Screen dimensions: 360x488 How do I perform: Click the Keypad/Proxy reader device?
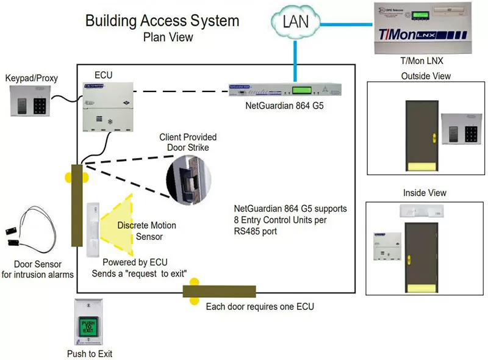30,101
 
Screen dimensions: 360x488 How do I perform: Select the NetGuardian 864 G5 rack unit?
285,90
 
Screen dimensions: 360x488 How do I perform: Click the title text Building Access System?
162,21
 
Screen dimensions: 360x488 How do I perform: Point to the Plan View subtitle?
168,37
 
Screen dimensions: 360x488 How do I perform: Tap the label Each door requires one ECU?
260,306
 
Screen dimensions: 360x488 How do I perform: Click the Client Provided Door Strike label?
188,142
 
